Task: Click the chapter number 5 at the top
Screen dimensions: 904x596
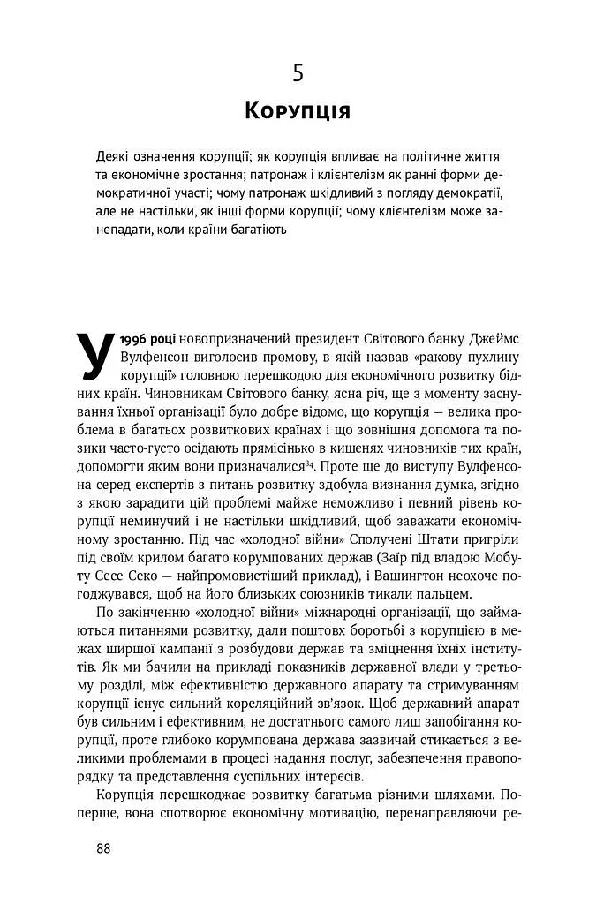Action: click(298, 73)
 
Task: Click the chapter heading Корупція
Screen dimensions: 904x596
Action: click(298, 112)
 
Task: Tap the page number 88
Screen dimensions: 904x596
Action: click(104, 848)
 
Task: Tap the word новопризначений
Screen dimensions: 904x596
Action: click(241, 338)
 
